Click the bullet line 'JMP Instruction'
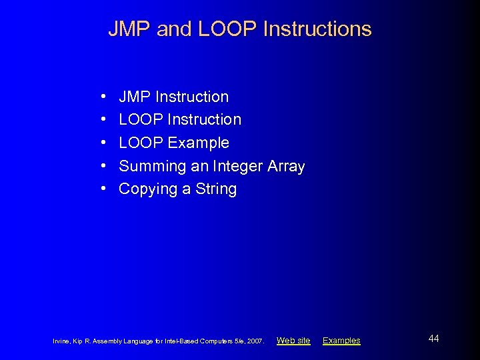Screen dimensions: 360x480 coord(173,97)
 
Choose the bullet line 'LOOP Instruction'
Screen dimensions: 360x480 coord(180,120)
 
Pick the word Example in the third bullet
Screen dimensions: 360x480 coord(198,143)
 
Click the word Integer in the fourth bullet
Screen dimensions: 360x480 coord(239,166)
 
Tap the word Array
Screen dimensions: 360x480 coord(286,166)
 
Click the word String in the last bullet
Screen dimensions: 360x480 coord(216,189)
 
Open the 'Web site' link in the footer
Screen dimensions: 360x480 coord(293,341)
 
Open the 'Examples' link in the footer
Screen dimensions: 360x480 coord(341,341)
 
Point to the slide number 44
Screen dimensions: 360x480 coord(434,339)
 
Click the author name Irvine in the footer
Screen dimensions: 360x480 coord(62,341)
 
